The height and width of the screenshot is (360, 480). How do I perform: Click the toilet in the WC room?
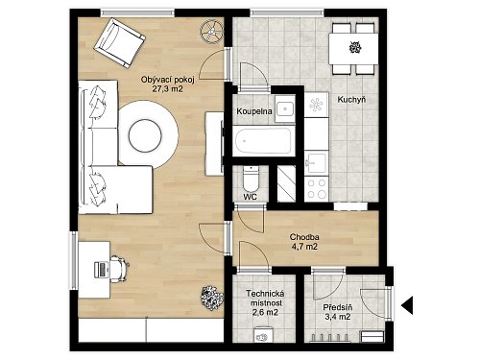[251, 179]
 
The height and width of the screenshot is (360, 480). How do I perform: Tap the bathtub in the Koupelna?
[263, 141]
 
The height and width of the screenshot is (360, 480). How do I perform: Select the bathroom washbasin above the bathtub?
[285, 108]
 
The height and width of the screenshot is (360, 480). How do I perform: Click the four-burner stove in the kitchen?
[316, 189]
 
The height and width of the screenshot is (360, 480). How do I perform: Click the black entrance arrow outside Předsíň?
[407, 305]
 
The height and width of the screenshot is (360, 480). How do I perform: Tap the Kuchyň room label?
[351, 100]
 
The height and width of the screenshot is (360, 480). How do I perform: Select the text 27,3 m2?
[167, 89]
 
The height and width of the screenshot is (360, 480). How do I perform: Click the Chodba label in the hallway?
[304, 237]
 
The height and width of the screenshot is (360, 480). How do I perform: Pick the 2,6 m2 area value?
[265, 312]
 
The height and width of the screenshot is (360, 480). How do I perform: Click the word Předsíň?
[338, 307]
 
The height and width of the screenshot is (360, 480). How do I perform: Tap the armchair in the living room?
[120, 43]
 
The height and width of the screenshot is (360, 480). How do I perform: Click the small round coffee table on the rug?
[145, 136]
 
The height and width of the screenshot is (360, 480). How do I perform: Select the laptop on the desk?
[101, 270]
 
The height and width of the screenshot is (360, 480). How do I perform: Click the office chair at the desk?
[119, 269]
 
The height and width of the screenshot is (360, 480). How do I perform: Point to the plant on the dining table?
[355, 48]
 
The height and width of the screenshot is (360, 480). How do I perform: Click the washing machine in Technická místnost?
[263, 334]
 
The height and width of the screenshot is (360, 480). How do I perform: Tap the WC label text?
[250, 197]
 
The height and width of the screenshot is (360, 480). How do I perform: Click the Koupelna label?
[254, 111]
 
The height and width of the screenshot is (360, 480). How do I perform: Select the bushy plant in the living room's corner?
[211, 298]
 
